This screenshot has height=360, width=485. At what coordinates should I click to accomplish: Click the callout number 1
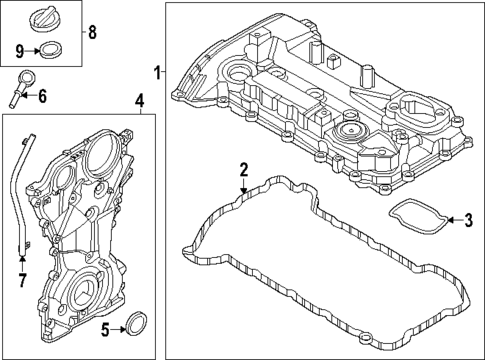158,71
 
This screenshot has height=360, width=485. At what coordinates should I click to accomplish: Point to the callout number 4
140,101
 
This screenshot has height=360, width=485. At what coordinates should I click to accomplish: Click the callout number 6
41,96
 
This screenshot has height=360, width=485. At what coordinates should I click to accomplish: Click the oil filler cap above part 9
46,18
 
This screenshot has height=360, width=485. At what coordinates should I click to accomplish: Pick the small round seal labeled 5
136,323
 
